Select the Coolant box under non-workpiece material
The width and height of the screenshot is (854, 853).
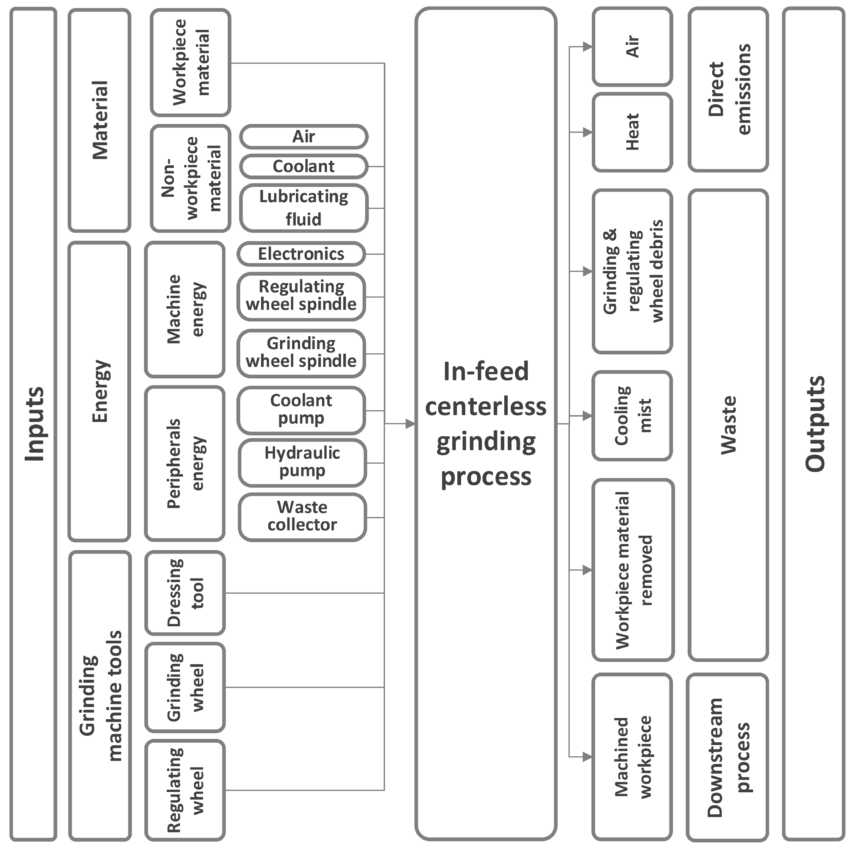pyautogui.click(x=304, y=166)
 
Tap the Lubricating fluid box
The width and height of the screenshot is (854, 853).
pyautogui.click(x=304, y=208)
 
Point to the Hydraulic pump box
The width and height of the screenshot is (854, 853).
pyautogui.click(x=302, y=462)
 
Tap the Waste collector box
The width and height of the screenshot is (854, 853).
pyautogui.click(x=302, y=516)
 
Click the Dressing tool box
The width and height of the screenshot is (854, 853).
pyautogui.click(x=185, y=593)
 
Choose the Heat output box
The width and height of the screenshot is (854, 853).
pyautogui.click(x=632, y=132)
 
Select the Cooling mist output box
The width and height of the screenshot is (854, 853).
pyautogui.click(x=632, y=415)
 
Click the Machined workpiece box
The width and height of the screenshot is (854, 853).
pyautogui.click(x=632, y=757)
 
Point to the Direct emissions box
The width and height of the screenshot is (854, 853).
pyautogui.click(x=728, y=89)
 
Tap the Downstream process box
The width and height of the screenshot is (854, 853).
pyautogui.click(x=727, y=757)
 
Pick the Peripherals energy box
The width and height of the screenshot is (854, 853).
pyautogui.click(x=185, y=463)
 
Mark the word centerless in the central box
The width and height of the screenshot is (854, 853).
pyautogui.click(x=485, y=406)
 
